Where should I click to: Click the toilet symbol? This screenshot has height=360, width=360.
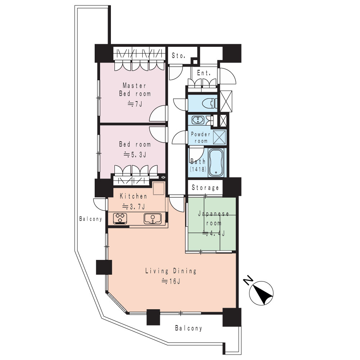(x=210, y=103)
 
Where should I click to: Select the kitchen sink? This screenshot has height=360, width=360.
(x=152, y=219)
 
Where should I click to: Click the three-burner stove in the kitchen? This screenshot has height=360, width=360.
(x=121, y=219)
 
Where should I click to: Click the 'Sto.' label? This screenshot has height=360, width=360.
(x=179, y=55)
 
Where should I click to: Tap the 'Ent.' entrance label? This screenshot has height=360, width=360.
(x=204, y=73)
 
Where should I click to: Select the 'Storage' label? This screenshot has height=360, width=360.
(x=205, y=188)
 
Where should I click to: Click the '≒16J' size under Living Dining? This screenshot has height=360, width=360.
(x=171, y=281)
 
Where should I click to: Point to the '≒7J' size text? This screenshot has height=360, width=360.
(x=135, y=104)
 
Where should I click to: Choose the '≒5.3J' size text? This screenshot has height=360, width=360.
(x=135, y=155)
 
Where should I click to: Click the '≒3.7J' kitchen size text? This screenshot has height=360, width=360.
(x=134, y=207)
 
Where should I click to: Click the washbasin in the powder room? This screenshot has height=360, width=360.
(x=198, y=120)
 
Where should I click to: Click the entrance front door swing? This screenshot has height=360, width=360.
(x=227, y=76)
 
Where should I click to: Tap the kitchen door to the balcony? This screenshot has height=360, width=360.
(x=100, y=204)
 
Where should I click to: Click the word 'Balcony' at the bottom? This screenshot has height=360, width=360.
(x=189, y=328)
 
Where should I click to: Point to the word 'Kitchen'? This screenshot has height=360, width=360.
(x=134, y=196)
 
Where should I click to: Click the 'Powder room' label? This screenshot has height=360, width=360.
(x=201, y=138)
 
